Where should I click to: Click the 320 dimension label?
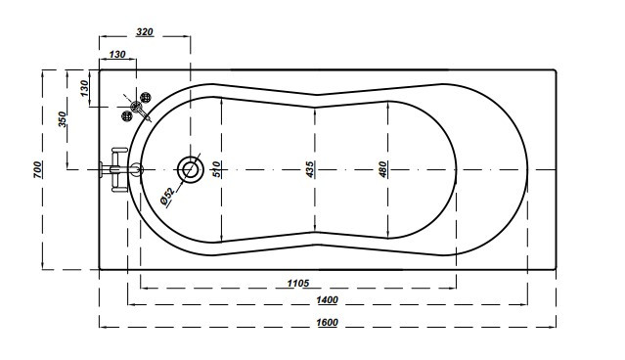click(x=145, y=31)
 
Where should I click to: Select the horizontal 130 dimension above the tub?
click(x=116, y=54)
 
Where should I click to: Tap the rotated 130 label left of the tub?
click(x=84, y=88)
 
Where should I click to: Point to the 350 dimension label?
click(x=63, y=119)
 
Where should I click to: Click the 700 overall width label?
click(x=37, y=169)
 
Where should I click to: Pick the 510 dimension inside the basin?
click(x=216, y=169)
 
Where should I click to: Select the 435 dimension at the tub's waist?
click(x=310, y=169)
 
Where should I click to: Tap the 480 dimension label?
click(x=382, y=169)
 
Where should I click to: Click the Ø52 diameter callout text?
click(x=167, y=197)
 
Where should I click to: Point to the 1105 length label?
click(x=298, y=283)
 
